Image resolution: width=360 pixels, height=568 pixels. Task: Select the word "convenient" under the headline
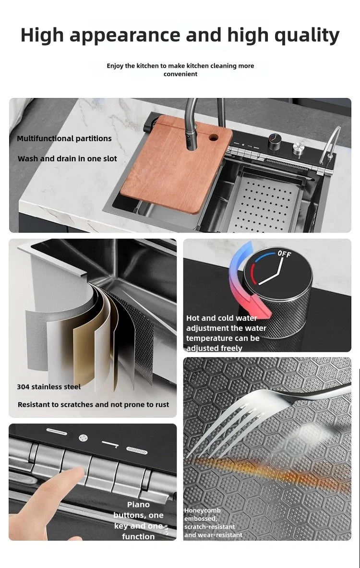click(180, 74)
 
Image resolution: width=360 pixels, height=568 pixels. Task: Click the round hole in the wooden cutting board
click(213, 138)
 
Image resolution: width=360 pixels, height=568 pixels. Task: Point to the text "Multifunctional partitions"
click(64, 138)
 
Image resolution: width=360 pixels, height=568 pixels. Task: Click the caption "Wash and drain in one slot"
click(67, 158)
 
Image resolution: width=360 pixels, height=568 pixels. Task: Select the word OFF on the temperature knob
click(284, 254)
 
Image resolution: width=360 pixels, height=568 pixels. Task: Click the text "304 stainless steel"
click(49, 387)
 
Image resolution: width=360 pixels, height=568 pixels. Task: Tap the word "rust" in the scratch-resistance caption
click(162, 405)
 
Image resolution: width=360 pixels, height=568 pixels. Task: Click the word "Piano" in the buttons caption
click(138, 505)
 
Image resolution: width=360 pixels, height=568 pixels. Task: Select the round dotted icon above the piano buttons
click(84, 437)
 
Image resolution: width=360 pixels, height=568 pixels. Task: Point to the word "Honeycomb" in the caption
click(202, 510)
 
